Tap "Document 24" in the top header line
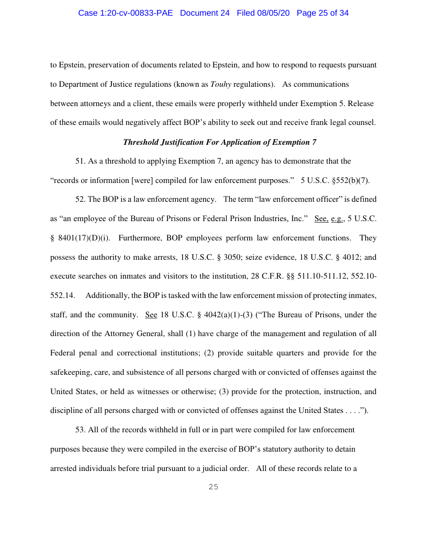pyautogui.click(x=205, y=13)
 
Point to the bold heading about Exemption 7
pyautogui.click(x=219, y=142)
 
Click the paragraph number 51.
pyautogui.click(x=80, y=161)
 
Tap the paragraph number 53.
pyautogui.click(x=80, y=430)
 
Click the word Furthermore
pyautogui.click(x=141, y=238)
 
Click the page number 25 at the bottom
pyautogui.click(x=213, y=487)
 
